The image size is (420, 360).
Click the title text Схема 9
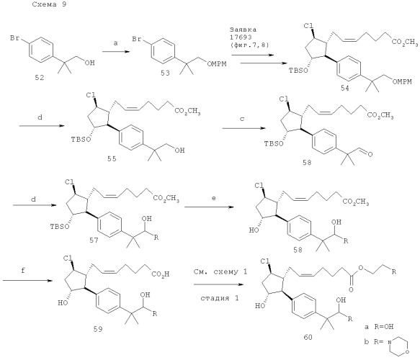coord(49,4)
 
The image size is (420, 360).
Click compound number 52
coord(40,78)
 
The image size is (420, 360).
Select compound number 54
coord(345,88)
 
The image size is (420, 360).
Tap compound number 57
coord(94,240)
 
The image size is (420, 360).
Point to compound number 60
coord(308,337)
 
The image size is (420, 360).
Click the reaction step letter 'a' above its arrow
coord(115,43)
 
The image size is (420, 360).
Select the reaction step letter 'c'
coord(242,119)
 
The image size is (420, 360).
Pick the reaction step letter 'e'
coord(213,198)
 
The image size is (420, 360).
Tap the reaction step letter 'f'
coord(23,270)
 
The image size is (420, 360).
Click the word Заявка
coord(243,30)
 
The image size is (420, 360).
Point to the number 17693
coord(241,37)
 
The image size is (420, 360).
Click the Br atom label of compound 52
coord(14,38)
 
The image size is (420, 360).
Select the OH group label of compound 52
coord(90,63)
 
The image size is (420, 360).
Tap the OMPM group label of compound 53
coord(217,63)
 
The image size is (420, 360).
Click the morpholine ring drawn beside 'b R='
coord(399,346)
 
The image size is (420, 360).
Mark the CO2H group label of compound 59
coord(161,274)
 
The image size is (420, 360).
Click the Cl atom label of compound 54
coord(308,26)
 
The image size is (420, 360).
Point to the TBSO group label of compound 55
coord(81,140)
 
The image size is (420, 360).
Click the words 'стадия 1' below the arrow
coord(220,298)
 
